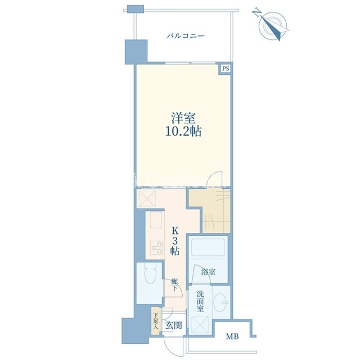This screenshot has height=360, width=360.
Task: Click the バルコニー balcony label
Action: (x=185, y=36)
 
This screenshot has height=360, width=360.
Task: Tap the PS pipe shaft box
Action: (x=226, y=69)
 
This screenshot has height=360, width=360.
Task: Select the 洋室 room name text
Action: (x=183, y=118)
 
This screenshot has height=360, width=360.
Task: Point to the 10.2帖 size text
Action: (x=183, y=132)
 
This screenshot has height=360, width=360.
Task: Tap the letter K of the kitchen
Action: (x=175, y=231)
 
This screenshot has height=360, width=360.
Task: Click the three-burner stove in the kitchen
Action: (x=156, y=247)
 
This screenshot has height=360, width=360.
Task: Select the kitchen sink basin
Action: (x=156, y=220)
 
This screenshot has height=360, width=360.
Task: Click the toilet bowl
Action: (x=150, y=274)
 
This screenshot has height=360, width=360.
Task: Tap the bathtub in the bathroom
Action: (x=208, y=247)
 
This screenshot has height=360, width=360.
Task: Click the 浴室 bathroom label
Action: (x=208, y=272)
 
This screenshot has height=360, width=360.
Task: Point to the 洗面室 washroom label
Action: (x=200, y=301)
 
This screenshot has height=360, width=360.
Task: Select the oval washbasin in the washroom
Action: (x=219, y=302)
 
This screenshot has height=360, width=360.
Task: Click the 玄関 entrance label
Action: (x=174, y=325)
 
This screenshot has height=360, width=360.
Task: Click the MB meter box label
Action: (x=232, y=336)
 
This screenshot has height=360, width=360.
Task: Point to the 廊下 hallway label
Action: (x=174, y=285)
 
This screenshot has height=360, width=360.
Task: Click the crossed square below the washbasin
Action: (x=200, y=325)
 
